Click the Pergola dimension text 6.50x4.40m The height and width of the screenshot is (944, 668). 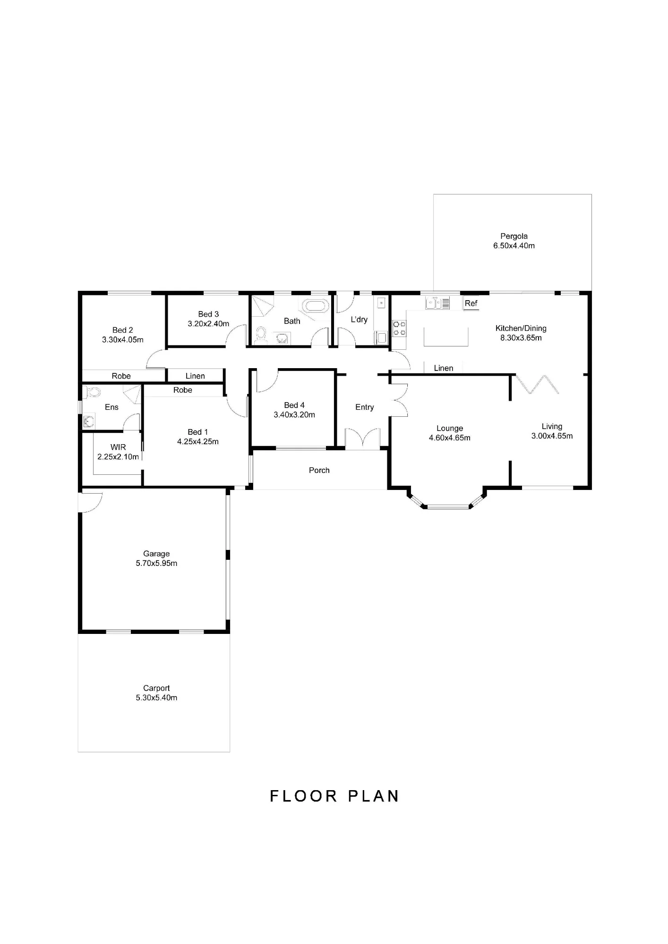(x=514, y=246)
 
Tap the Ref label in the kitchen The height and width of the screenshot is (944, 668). (x=471, y=303)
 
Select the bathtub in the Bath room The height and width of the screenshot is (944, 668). (x=316, y=305)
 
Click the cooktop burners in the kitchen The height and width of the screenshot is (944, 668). (x=399, y=328)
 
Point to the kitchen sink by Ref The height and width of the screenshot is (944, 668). (x=437, y=303)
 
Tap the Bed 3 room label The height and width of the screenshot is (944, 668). (x=208, y=314)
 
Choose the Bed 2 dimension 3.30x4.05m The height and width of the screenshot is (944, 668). (x=123, y=340)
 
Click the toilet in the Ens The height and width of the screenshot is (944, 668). (x=93, y=392)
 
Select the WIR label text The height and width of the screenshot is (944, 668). (x=118, y=447)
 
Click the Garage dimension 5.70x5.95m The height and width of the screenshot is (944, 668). (x=156, y=564)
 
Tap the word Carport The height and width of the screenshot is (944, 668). (x=156, y=689)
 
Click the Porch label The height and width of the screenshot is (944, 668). (x=319, y=471)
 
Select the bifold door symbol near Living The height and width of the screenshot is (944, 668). (x=537, y=384)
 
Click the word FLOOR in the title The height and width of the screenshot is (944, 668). (x=303, y=796)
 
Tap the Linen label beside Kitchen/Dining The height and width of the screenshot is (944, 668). (x=444, y=369)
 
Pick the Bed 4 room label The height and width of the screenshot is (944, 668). (x=294, y=405)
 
